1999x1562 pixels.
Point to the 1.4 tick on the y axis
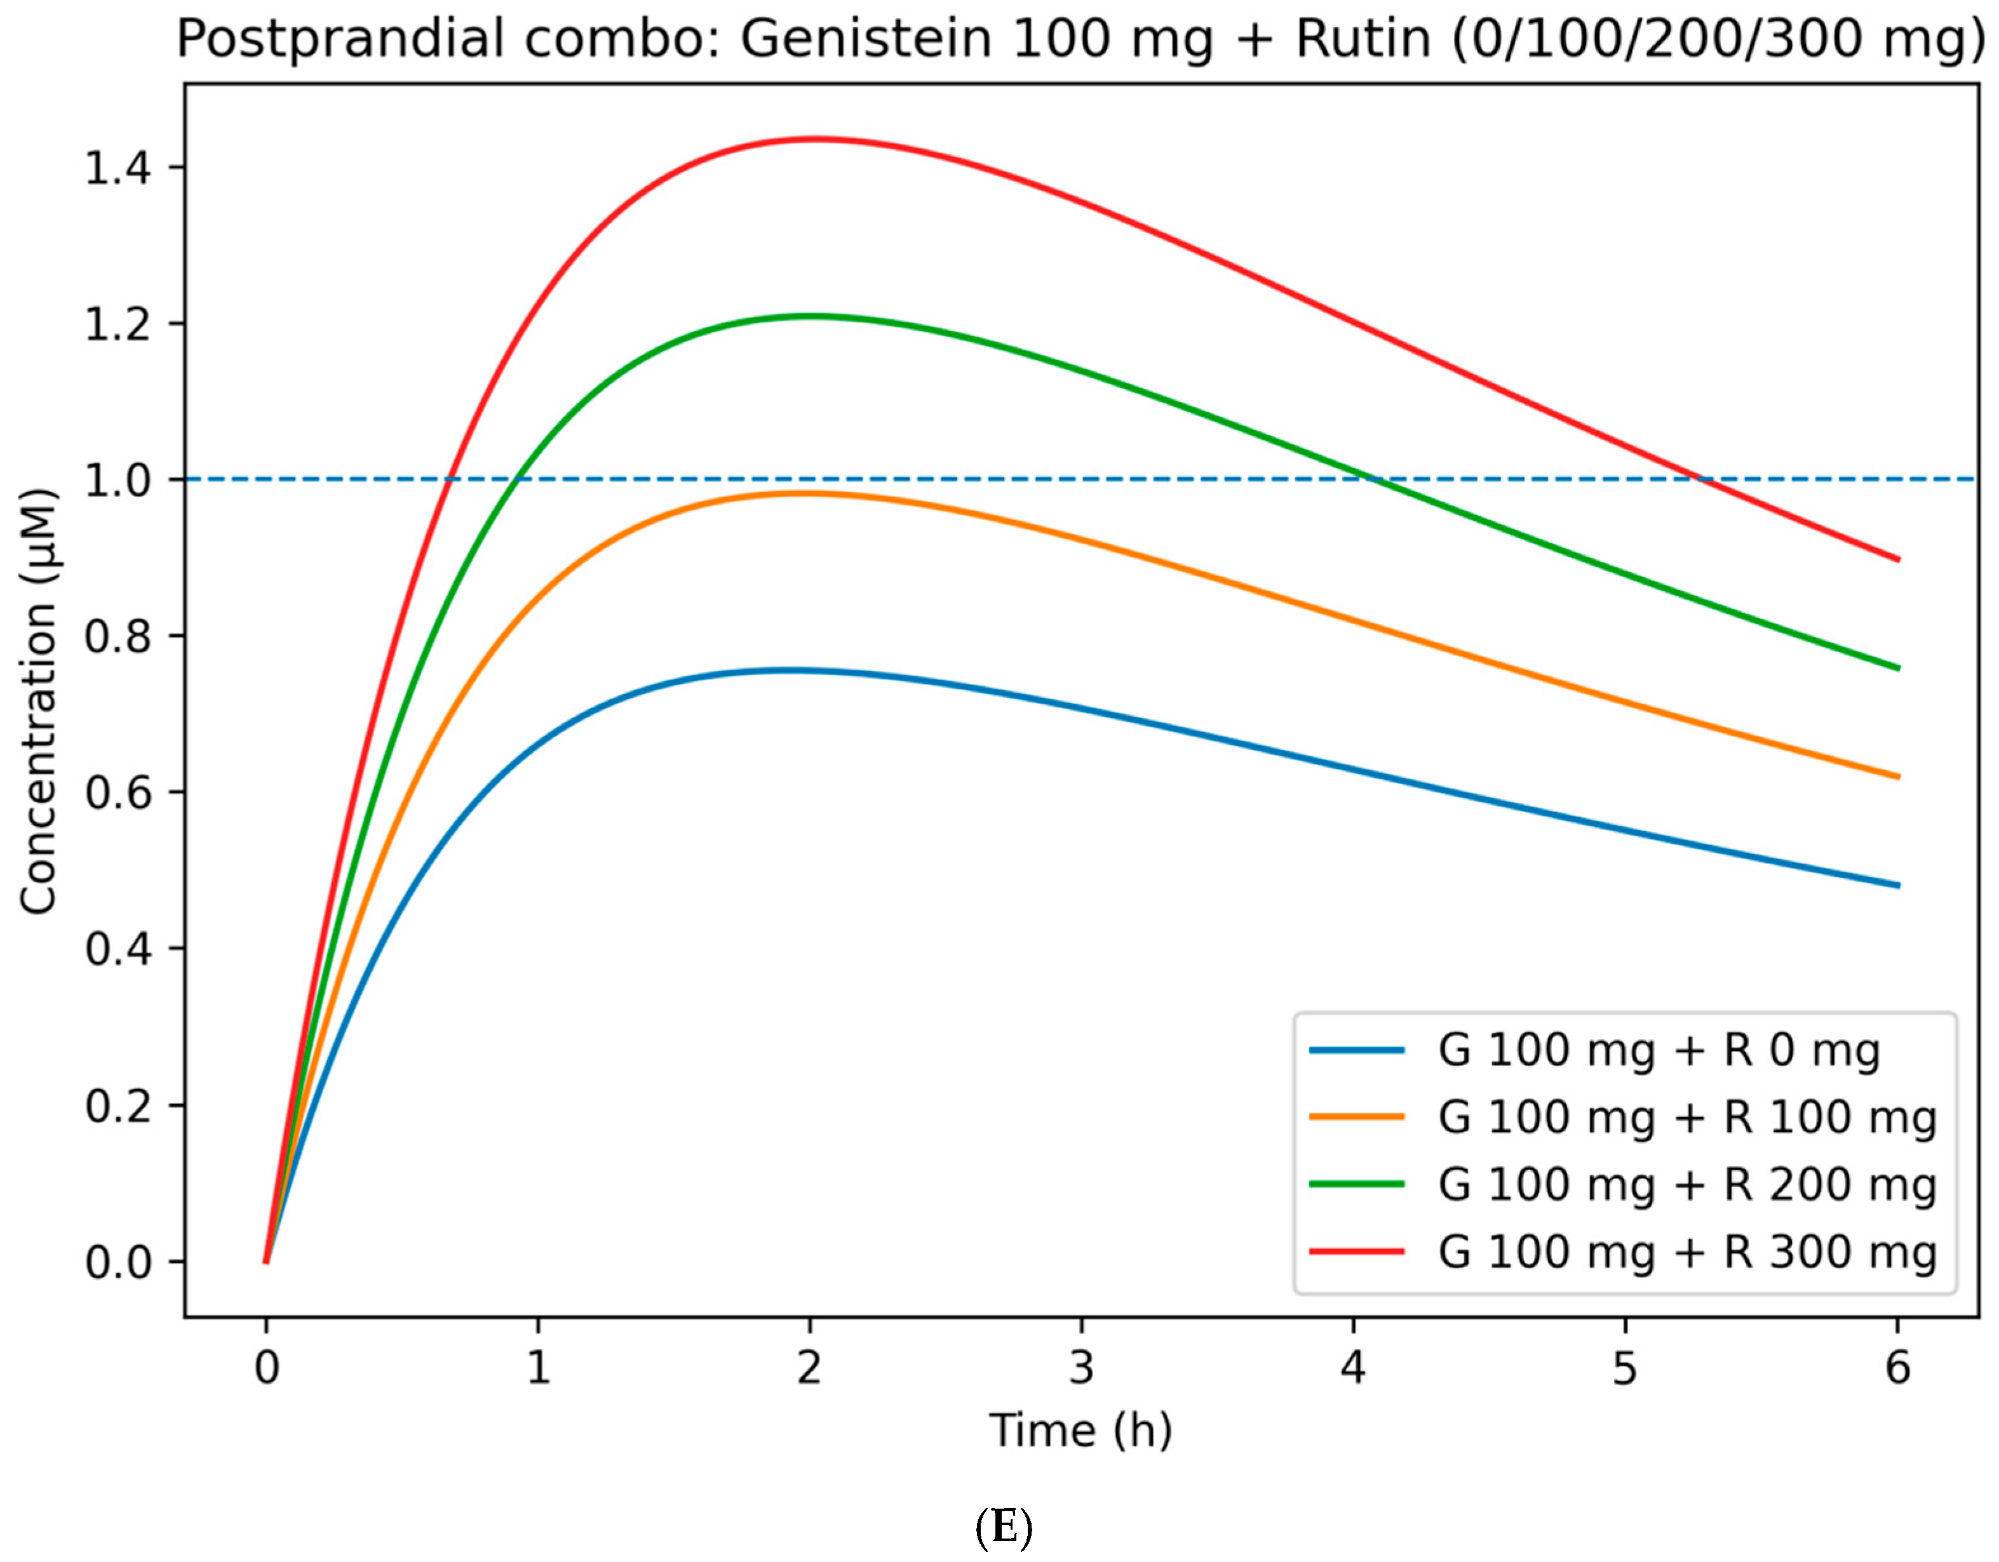pos(118,168)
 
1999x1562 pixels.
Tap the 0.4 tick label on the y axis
pos(118,949)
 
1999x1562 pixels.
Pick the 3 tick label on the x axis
pos(1082,1368)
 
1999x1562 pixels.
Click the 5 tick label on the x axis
pos(1625,1368)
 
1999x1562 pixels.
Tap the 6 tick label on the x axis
pos(1897,1368)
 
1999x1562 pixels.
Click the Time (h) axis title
pos(1080,1429)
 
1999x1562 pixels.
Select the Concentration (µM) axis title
pos(39,701)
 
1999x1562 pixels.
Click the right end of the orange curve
pos(1897,777)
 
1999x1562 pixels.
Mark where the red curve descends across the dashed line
pos(1700,479)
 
